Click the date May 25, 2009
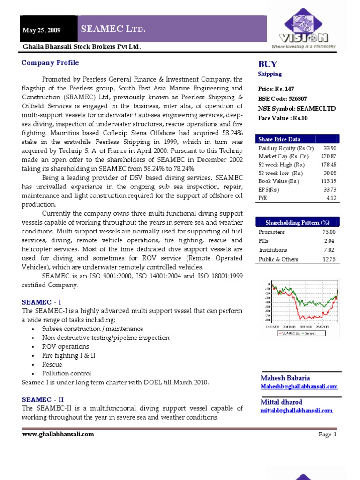42,30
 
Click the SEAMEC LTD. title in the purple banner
113,30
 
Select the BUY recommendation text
268,65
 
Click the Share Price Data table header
280,139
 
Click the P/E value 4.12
332,198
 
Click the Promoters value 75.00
330,232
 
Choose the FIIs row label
264,241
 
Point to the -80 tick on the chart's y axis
268,321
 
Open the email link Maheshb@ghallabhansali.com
299,386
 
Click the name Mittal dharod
281,402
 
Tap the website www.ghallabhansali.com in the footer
58,434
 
